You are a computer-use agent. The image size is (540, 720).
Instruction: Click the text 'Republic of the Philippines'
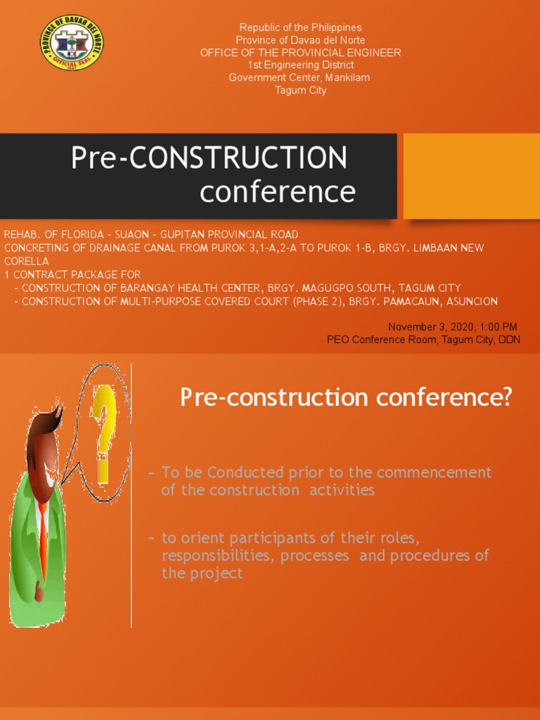[300, 27]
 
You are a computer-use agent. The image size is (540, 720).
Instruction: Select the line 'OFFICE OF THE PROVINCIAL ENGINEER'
[300, 53]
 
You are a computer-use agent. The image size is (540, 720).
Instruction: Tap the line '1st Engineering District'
[300, 65]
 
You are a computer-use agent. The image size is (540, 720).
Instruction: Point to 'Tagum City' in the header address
[300, 91]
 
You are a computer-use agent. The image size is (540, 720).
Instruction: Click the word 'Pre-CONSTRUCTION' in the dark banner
[209, 158]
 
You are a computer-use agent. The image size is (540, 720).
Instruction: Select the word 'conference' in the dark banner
[277, 191]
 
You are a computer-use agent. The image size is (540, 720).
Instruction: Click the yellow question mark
[104, 430]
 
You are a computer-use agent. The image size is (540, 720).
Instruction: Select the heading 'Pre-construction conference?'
[346, 398]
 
